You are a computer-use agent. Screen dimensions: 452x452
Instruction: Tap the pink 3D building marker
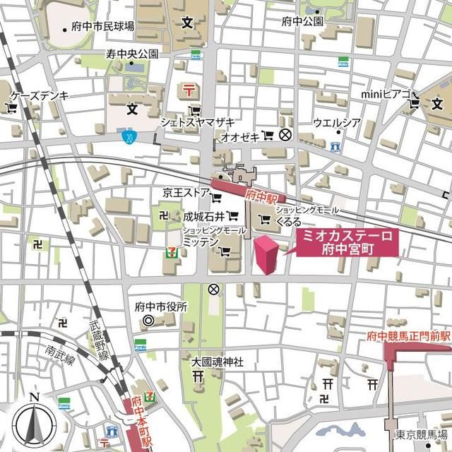pyautogui.click(x=266, y=254)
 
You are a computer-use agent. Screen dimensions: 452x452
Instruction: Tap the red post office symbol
pyautogui.click(x=189, y=90)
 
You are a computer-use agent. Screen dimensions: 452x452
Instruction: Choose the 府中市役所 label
pyautogui.click(x=161, y=307)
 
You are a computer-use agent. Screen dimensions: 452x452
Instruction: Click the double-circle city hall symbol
pyautogui.click(x=148, y=321)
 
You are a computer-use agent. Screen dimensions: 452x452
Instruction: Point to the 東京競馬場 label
pyautogui.click(x=421, y=434)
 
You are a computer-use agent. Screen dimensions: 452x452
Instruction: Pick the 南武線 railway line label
pyautogui.click(x=61, y=355)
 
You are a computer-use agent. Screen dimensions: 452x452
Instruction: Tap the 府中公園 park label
pyautogui.click(x=302, y=21)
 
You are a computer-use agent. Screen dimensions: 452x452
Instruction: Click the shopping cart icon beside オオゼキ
pyautogui.click(x=267, y=134)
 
